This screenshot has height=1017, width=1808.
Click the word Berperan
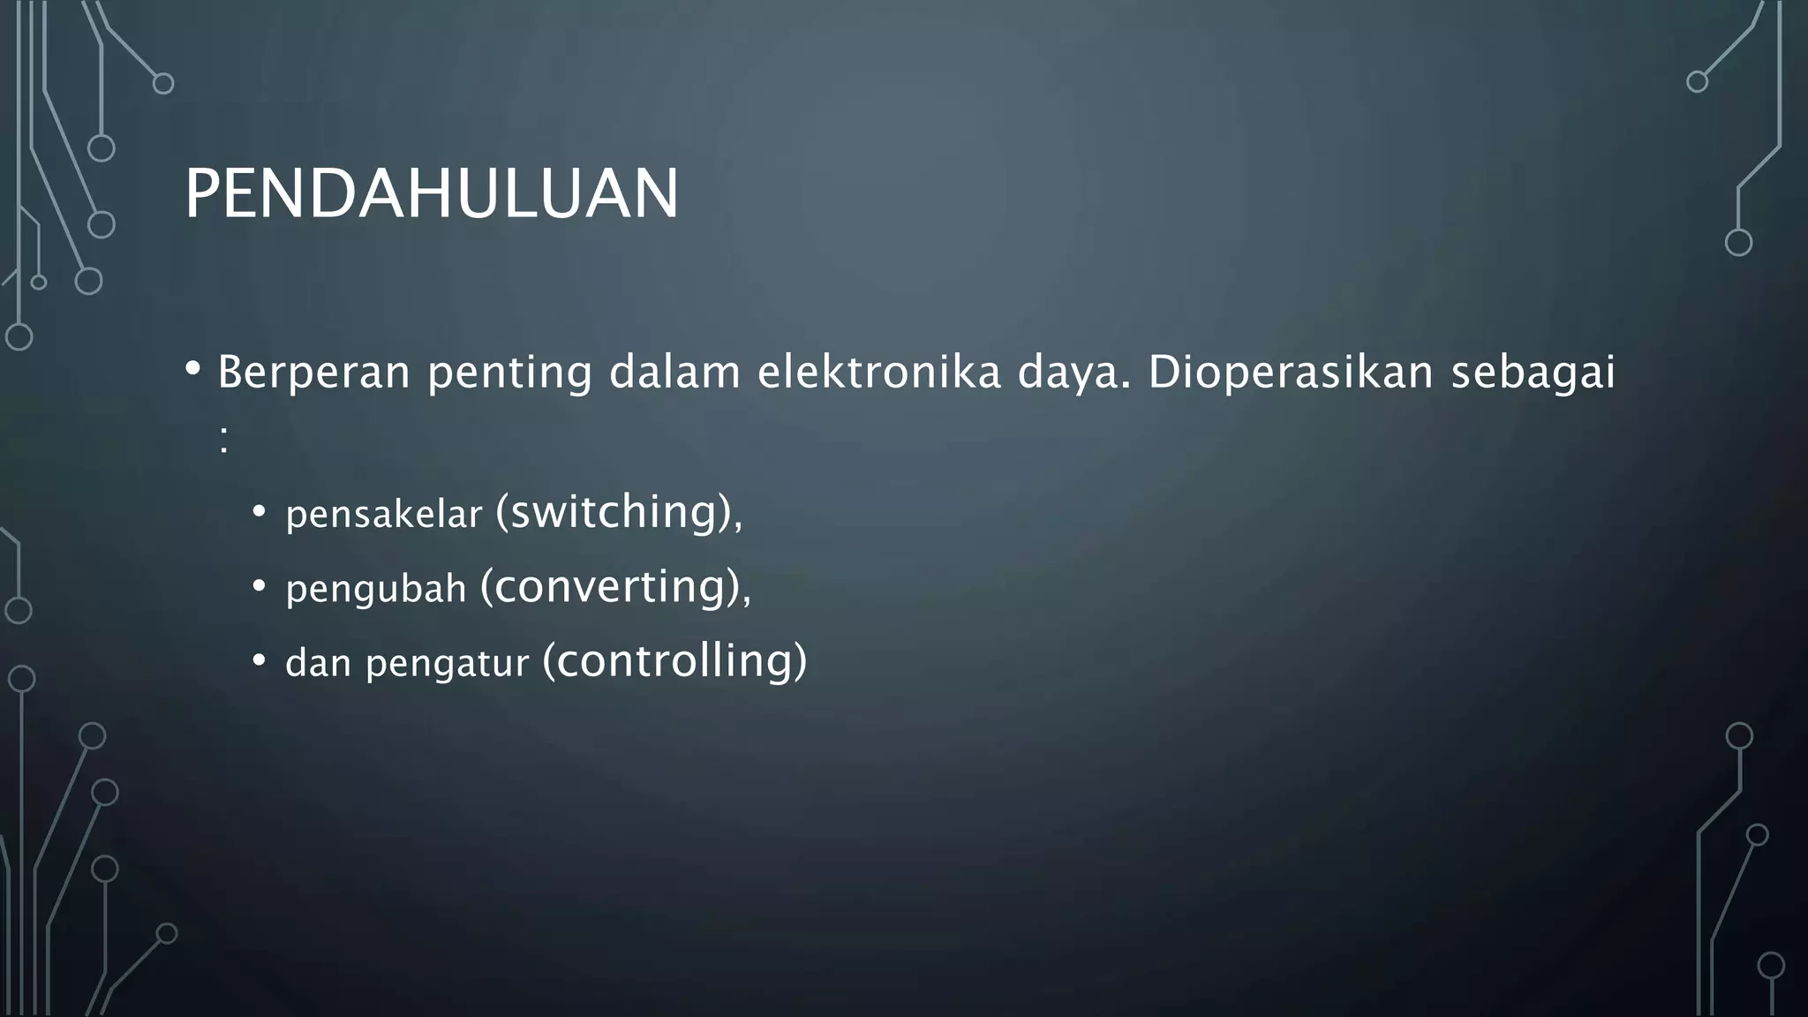point(313,373)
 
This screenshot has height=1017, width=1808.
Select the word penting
point(509,373)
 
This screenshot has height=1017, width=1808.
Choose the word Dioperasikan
point(1291,373)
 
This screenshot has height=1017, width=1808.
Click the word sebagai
point(1533,373)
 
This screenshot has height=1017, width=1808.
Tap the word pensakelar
point(384,515)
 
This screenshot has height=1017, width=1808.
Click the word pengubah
point(376,589)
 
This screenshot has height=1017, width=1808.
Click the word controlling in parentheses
point(674,660)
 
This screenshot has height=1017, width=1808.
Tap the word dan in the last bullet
point(319,663)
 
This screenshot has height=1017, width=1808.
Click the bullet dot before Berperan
point(193,368)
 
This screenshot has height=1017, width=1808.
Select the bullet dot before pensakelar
point(259,511)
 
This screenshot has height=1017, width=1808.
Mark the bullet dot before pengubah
point(259,585)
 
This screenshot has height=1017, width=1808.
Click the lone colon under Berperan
point(224,440)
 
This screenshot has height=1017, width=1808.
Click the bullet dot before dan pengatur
point(259,659)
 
